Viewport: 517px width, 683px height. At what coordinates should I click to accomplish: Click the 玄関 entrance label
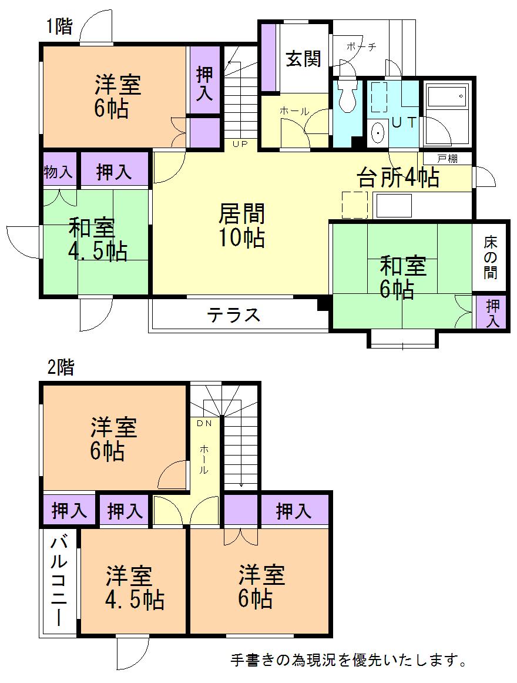click(x=303, y=59)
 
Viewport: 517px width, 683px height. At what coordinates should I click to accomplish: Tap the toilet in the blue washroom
click(x=347, y=96)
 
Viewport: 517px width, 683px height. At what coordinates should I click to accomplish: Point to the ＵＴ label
click(x=404, y=123)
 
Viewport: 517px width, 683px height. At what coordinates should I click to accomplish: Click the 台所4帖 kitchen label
click(x=398, y=177)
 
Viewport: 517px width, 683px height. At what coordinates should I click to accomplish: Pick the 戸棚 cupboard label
click(x=446, y=159)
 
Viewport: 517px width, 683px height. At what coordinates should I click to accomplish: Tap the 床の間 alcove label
click(x=491, y=257)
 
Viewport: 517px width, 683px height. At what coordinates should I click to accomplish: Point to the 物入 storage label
click(x=59, y=172)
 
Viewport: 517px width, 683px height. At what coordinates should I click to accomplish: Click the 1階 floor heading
click(x=59, y=27)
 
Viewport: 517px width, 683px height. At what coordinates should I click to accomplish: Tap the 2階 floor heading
click(x=61, y=368)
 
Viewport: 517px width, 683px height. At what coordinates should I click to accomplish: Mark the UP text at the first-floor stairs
click(x=240, y=143)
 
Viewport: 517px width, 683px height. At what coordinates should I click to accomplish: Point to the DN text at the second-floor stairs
click(x=203, y=423)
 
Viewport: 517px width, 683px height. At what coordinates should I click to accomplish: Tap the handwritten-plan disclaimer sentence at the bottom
click(x=349, y=661)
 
